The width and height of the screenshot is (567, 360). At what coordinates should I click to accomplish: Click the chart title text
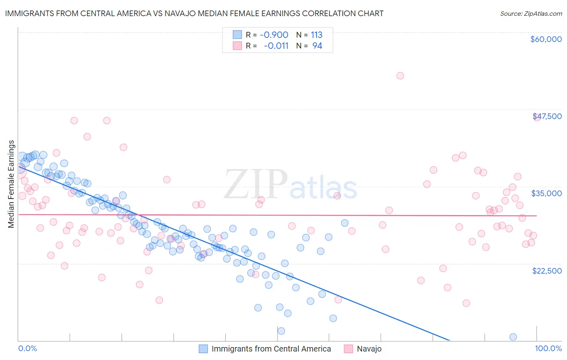coord(194,13)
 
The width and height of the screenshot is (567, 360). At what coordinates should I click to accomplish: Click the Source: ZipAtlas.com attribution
coord(531,13)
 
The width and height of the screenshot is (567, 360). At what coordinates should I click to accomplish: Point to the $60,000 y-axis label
coord(546,39)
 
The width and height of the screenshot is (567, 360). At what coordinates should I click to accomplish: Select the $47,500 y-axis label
coord(547,116)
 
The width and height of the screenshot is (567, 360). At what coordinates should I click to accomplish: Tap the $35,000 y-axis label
coord(546,193)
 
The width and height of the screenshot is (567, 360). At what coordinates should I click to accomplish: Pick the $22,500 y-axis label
coord(546,271)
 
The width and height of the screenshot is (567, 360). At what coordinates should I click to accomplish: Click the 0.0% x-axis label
coord(27,349)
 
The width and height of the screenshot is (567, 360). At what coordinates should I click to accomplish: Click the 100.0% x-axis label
coord(548,349)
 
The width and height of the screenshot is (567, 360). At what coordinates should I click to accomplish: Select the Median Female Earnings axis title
coord(11,184)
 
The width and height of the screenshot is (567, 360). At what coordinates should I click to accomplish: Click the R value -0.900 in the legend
coord(274,35)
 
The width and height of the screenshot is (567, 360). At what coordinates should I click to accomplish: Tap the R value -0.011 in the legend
coord(276,46)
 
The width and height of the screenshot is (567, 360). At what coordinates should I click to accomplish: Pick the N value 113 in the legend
coord(317,35)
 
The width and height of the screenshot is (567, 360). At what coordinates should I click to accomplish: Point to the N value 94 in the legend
coord(317,46)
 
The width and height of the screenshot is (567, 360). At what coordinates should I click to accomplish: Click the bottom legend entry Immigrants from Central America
coord(271,349)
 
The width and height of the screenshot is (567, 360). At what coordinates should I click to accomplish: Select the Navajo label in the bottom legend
coord(369,349)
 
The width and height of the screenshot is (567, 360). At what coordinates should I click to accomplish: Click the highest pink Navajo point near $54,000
coord(400,75)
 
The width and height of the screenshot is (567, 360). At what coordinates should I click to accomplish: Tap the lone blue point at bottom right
coord(513,337)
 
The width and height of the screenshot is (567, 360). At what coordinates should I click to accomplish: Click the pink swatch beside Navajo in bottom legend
coord(348,349)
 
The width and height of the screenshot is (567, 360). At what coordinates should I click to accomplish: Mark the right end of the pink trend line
coord(536,216)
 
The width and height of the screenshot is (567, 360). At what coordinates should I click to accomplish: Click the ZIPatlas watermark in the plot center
coord(290,184)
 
